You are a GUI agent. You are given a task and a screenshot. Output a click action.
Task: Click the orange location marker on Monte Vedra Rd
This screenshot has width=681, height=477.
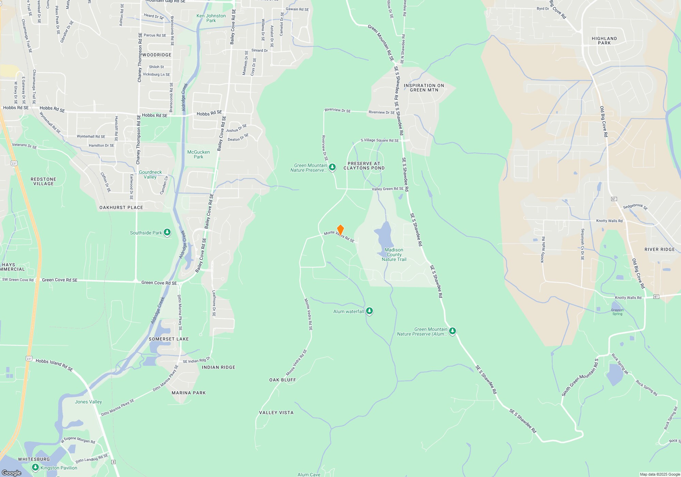340,230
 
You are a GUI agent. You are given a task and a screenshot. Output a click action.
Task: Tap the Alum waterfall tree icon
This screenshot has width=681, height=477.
369,311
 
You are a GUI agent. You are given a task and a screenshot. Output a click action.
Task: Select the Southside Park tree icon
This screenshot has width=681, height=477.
167,232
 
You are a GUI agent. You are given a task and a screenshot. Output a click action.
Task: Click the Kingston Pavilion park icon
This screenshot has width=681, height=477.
35,467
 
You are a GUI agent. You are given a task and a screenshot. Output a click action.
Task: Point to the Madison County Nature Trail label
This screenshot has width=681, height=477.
394,255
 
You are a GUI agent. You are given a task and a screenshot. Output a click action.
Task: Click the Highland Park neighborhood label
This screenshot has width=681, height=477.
604,41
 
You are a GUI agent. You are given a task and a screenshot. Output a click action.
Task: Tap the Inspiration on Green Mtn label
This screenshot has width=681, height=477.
424,88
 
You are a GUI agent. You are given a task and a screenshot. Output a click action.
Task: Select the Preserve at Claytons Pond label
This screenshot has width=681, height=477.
364,166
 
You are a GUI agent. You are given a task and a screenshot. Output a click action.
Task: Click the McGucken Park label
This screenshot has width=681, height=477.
199,154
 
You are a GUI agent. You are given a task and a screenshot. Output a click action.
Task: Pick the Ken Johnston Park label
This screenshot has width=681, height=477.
211,18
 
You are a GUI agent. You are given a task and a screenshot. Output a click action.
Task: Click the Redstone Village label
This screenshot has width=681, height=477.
43,181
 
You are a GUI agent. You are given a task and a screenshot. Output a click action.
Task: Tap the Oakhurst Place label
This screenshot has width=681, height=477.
121,207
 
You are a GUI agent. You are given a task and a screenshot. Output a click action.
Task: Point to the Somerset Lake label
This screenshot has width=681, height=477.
169,339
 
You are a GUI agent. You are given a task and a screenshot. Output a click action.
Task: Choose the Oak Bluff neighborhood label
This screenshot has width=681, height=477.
283,380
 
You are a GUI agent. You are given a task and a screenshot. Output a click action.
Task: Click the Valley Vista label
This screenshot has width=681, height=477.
276,413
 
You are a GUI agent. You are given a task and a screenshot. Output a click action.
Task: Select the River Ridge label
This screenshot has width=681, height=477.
660,249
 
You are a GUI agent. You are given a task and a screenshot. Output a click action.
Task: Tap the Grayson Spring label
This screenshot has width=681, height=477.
617,312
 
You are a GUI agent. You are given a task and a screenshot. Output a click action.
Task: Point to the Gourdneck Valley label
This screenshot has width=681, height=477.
150,174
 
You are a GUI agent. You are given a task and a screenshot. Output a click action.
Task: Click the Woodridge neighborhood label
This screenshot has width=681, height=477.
157,55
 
